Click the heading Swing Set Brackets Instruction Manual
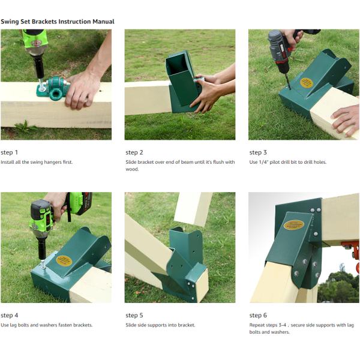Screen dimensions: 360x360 point(58,22)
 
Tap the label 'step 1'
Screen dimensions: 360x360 point(10,152)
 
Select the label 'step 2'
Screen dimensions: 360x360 point(134,152)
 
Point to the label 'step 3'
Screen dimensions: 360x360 point(259,152)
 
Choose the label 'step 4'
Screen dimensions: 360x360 point(10,316)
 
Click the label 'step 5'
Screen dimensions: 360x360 point(134,316)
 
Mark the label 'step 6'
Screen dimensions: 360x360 point(259,316)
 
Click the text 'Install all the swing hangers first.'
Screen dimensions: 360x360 point(37,162)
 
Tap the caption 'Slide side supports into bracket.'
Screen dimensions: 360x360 point(160,325)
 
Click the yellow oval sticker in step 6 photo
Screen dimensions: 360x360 point(294,224)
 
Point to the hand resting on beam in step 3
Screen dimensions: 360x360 point(346,118)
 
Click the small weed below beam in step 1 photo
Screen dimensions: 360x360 point(24,127)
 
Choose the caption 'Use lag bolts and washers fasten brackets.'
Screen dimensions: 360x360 point(47,325)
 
